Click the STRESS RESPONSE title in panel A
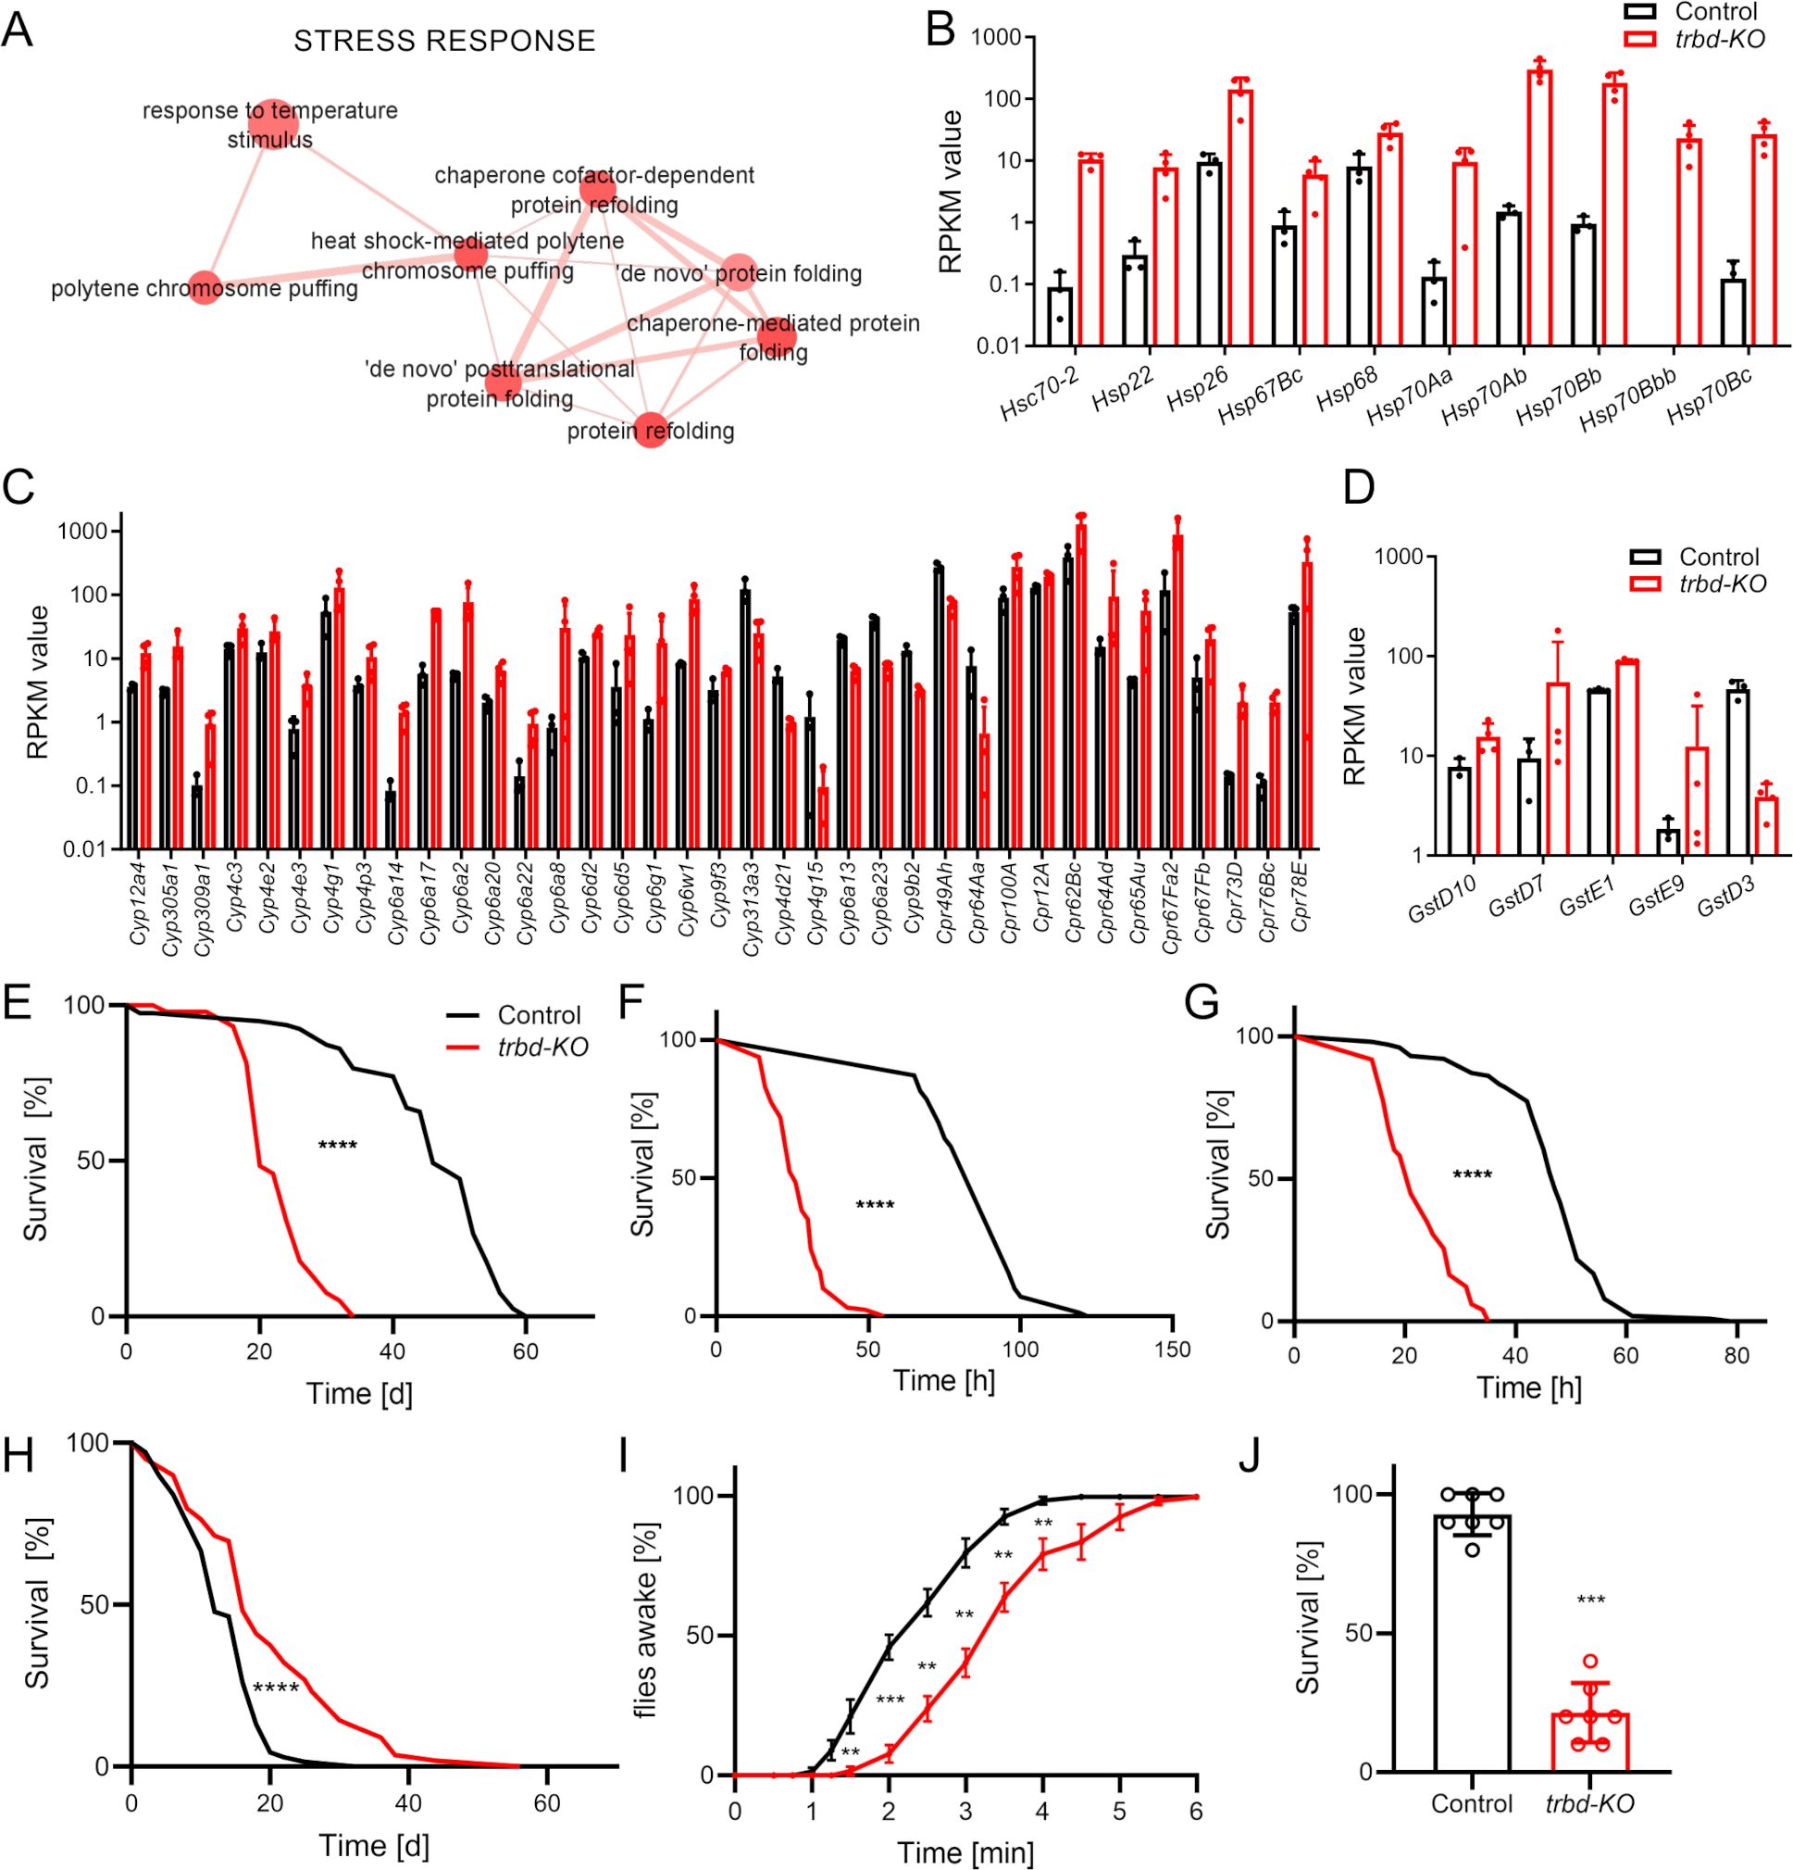pyautogui.click(x=444, y=41)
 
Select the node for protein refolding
pyautogui.click(x=651, y=431)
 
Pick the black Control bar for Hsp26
pyautogui.click(x=1210, y=254)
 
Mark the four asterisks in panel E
pyautogui.click(x=338, y=1144)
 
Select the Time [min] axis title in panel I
pyautogui.click(x=965, y=1852)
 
